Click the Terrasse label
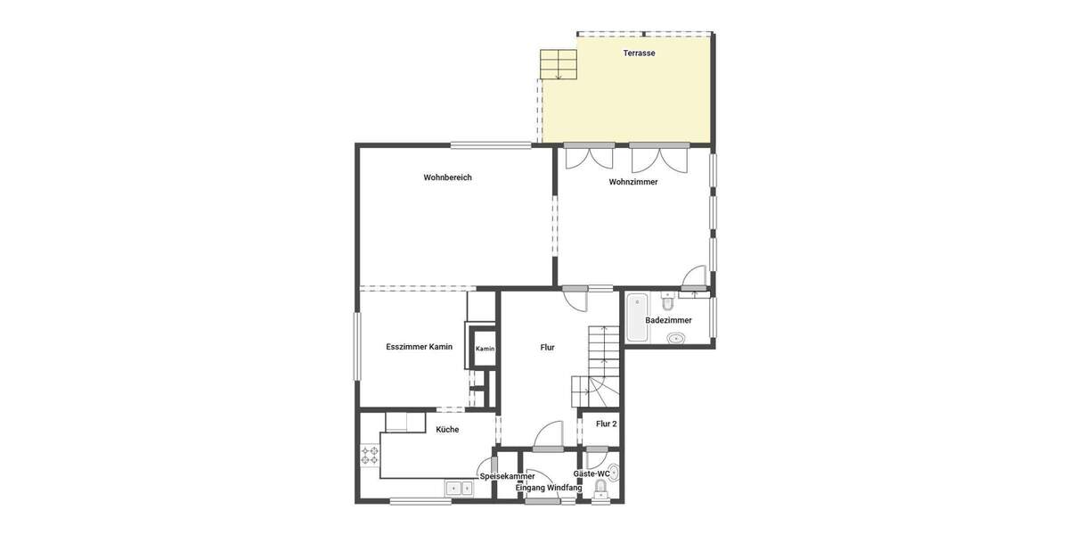point(639,53)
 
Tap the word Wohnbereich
point(447,177)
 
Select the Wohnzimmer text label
point(633,182)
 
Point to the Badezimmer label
point(668,320)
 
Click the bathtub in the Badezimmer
point(637,318)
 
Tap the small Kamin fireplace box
point(485,349)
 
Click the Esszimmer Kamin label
point(420,347)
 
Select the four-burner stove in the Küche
point(370,456)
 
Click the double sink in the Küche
point(460,488)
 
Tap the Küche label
point(447,430)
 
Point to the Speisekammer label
point(508,476)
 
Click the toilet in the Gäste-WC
point(600,487)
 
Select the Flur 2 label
point(607,424)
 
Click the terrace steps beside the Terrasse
point(558,64)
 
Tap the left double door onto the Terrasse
point(589,158)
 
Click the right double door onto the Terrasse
point(658,158)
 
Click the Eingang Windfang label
point(549,488)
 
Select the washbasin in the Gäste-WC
point(613,471)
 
